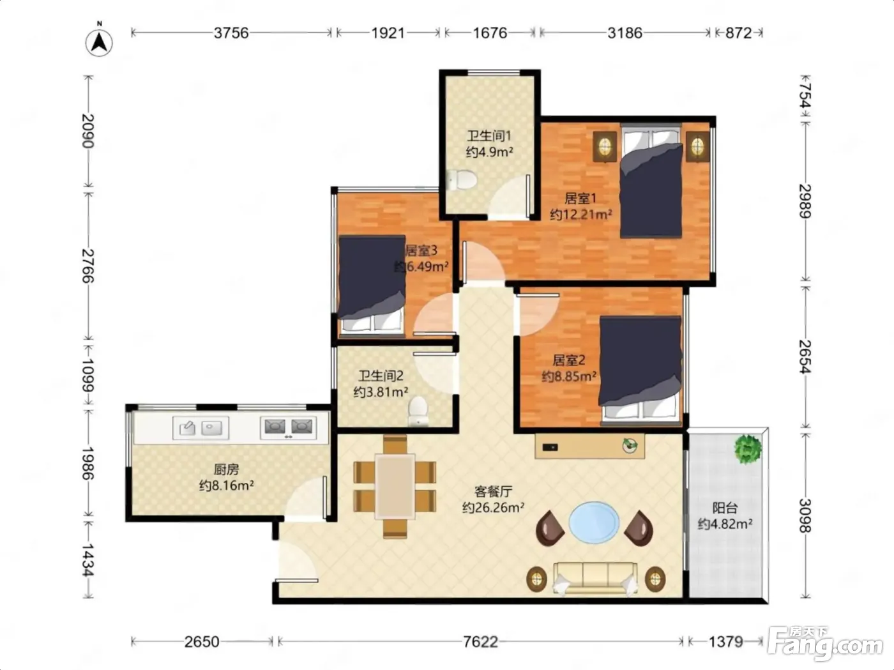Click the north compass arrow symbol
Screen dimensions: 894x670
pos(99,42)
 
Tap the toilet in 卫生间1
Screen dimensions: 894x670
pos(462,179)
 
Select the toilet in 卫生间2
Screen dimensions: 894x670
pos(418,411)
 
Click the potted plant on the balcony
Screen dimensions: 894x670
pos(748,449)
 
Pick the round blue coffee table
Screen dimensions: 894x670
pos(594,522)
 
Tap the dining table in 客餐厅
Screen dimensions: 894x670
pos(395,486)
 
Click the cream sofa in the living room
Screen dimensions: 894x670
pos(595,579)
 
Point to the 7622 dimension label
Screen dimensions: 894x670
pos(481,642)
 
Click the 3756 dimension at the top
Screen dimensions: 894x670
pos(231,33)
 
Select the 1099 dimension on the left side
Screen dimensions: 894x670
pos(88,375)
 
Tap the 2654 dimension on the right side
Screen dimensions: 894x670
pos(805,356)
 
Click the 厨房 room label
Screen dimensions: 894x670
pos(226,469)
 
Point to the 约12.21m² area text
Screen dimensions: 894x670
pos(581,214)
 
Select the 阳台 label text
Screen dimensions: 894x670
pos(725,508)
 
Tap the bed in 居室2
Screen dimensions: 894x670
pos(640,369)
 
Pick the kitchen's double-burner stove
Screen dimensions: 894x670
pos(289,427)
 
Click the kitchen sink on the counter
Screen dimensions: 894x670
pos(201,428)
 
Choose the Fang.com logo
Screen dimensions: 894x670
pos(824,644)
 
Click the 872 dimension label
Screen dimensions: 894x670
pos(738,33)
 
